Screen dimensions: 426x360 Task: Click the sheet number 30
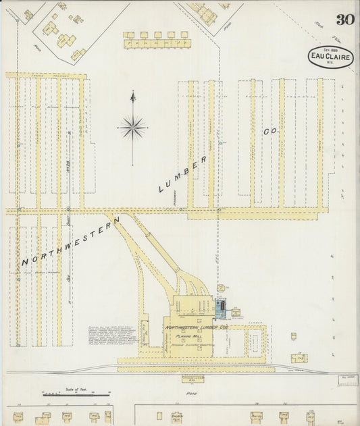click(x=346, y=20)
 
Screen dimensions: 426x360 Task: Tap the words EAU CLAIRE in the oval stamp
click(x=330, y=56)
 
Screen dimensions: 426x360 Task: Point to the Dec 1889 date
click(x=330, y=49)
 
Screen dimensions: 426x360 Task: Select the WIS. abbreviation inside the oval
click(x=330, y=63)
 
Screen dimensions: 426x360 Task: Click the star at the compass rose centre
click(x=132, y=126)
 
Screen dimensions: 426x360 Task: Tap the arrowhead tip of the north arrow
click(x=132, y=92)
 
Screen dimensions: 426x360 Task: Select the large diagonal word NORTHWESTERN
click(x=70, y=241)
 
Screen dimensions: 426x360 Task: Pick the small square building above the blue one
click(x=221, y=288)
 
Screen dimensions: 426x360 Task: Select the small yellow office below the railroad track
click(x=192, y=378)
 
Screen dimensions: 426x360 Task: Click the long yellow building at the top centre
click(x=157, y=44)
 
